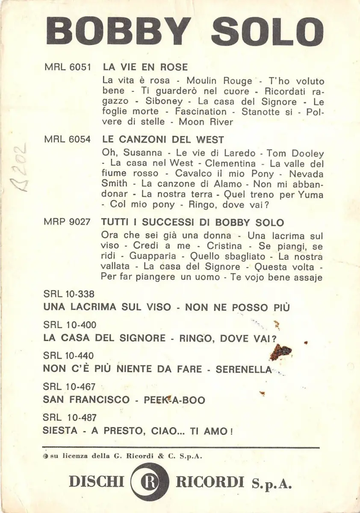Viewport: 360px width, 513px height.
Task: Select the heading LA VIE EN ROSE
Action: pos(145,67)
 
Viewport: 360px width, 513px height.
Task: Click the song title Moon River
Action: pos(206,122)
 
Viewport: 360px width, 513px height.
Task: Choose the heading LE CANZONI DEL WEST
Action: pos(163,139)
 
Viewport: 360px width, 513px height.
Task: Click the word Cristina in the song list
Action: pos(224,247)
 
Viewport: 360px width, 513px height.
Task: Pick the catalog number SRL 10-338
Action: pos(69,294)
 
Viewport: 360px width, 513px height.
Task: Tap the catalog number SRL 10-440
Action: pos(69,356)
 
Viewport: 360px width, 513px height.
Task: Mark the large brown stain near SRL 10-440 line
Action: pos(281,352)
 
